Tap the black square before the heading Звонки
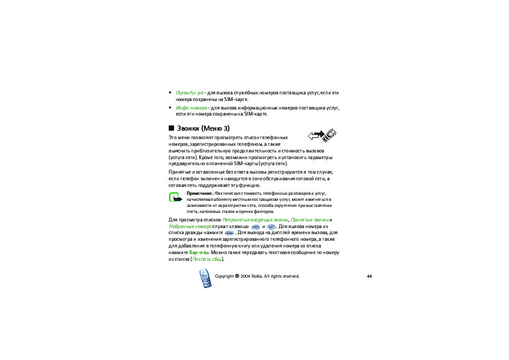[x=171, y=128]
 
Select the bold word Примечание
[x=200, y=193]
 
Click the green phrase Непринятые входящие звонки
[x=255, y=219]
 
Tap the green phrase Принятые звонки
[x=310, y=219]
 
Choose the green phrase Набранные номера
[x=186, y=226]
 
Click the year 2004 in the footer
[x=245, y=276]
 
